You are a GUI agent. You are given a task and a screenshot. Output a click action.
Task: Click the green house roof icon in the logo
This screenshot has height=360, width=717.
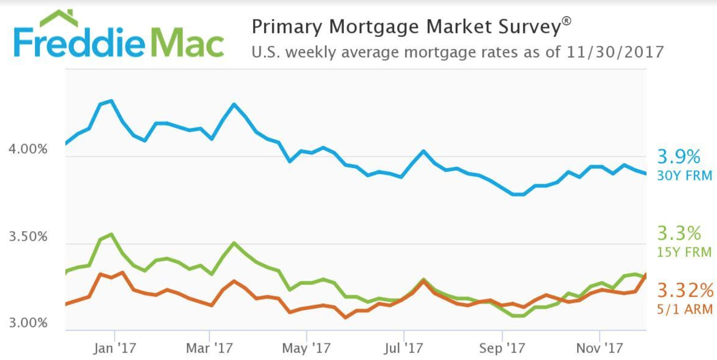(x=59, y=18)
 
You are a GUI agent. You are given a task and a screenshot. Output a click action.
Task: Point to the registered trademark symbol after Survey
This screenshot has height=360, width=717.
(x=567, y=21)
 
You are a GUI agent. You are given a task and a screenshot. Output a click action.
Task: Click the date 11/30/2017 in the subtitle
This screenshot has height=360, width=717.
(x=615, y=52)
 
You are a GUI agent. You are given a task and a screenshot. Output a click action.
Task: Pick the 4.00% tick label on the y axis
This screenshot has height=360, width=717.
(x=28, y=149)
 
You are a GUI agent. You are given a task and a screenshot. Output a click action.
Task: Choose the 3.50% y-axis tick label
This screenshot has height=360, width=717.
(x=28, y=236)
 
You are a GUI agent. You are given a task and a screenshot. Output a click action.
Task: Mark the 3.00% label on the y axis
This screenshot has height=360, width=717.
(x=28, y=323)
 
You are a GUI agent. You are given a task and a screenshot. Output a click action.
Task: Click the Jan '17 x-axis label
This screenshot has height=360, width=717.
(x=114, y=348)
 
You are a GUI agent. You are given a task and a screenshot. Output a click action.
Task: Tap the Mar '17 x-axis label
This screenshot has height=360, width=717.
(x=209, y=348)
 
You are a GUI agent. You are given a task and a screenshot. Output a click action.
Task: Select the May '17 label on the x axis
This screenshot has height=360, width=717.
(x=306, y=348)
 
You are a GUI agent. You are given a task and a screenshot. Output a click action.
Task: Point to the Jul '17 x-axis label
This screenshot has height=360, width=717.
(x=404, y=348)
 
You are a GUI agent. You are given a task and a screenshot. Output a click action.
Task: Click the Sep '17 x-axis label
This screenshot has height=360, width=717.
(x=502, y=348)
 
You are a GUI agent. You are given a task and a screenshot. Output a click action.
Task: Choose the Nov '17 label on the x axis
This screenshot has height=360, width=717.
(x=600, y=348)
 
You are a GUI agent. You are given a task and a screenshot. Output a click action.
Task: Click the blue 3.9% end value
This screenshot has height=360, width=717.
(x=679, y=157)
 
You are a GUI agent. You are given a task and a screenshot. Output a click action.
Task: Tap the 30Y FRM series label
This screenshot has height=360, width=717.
(x=684, y=176)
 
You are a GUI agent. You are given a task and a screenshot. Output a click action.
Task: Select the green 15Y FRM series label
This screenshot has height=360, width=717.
(x=684, y=252)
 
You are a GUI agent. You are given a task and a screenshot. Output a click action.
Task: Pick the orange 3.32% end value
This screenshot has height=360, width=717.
(x=685, y=290)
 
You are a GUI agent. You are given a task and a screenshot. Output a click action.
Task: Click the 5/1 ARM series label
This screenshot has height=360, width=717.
(x=685, y=309)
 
